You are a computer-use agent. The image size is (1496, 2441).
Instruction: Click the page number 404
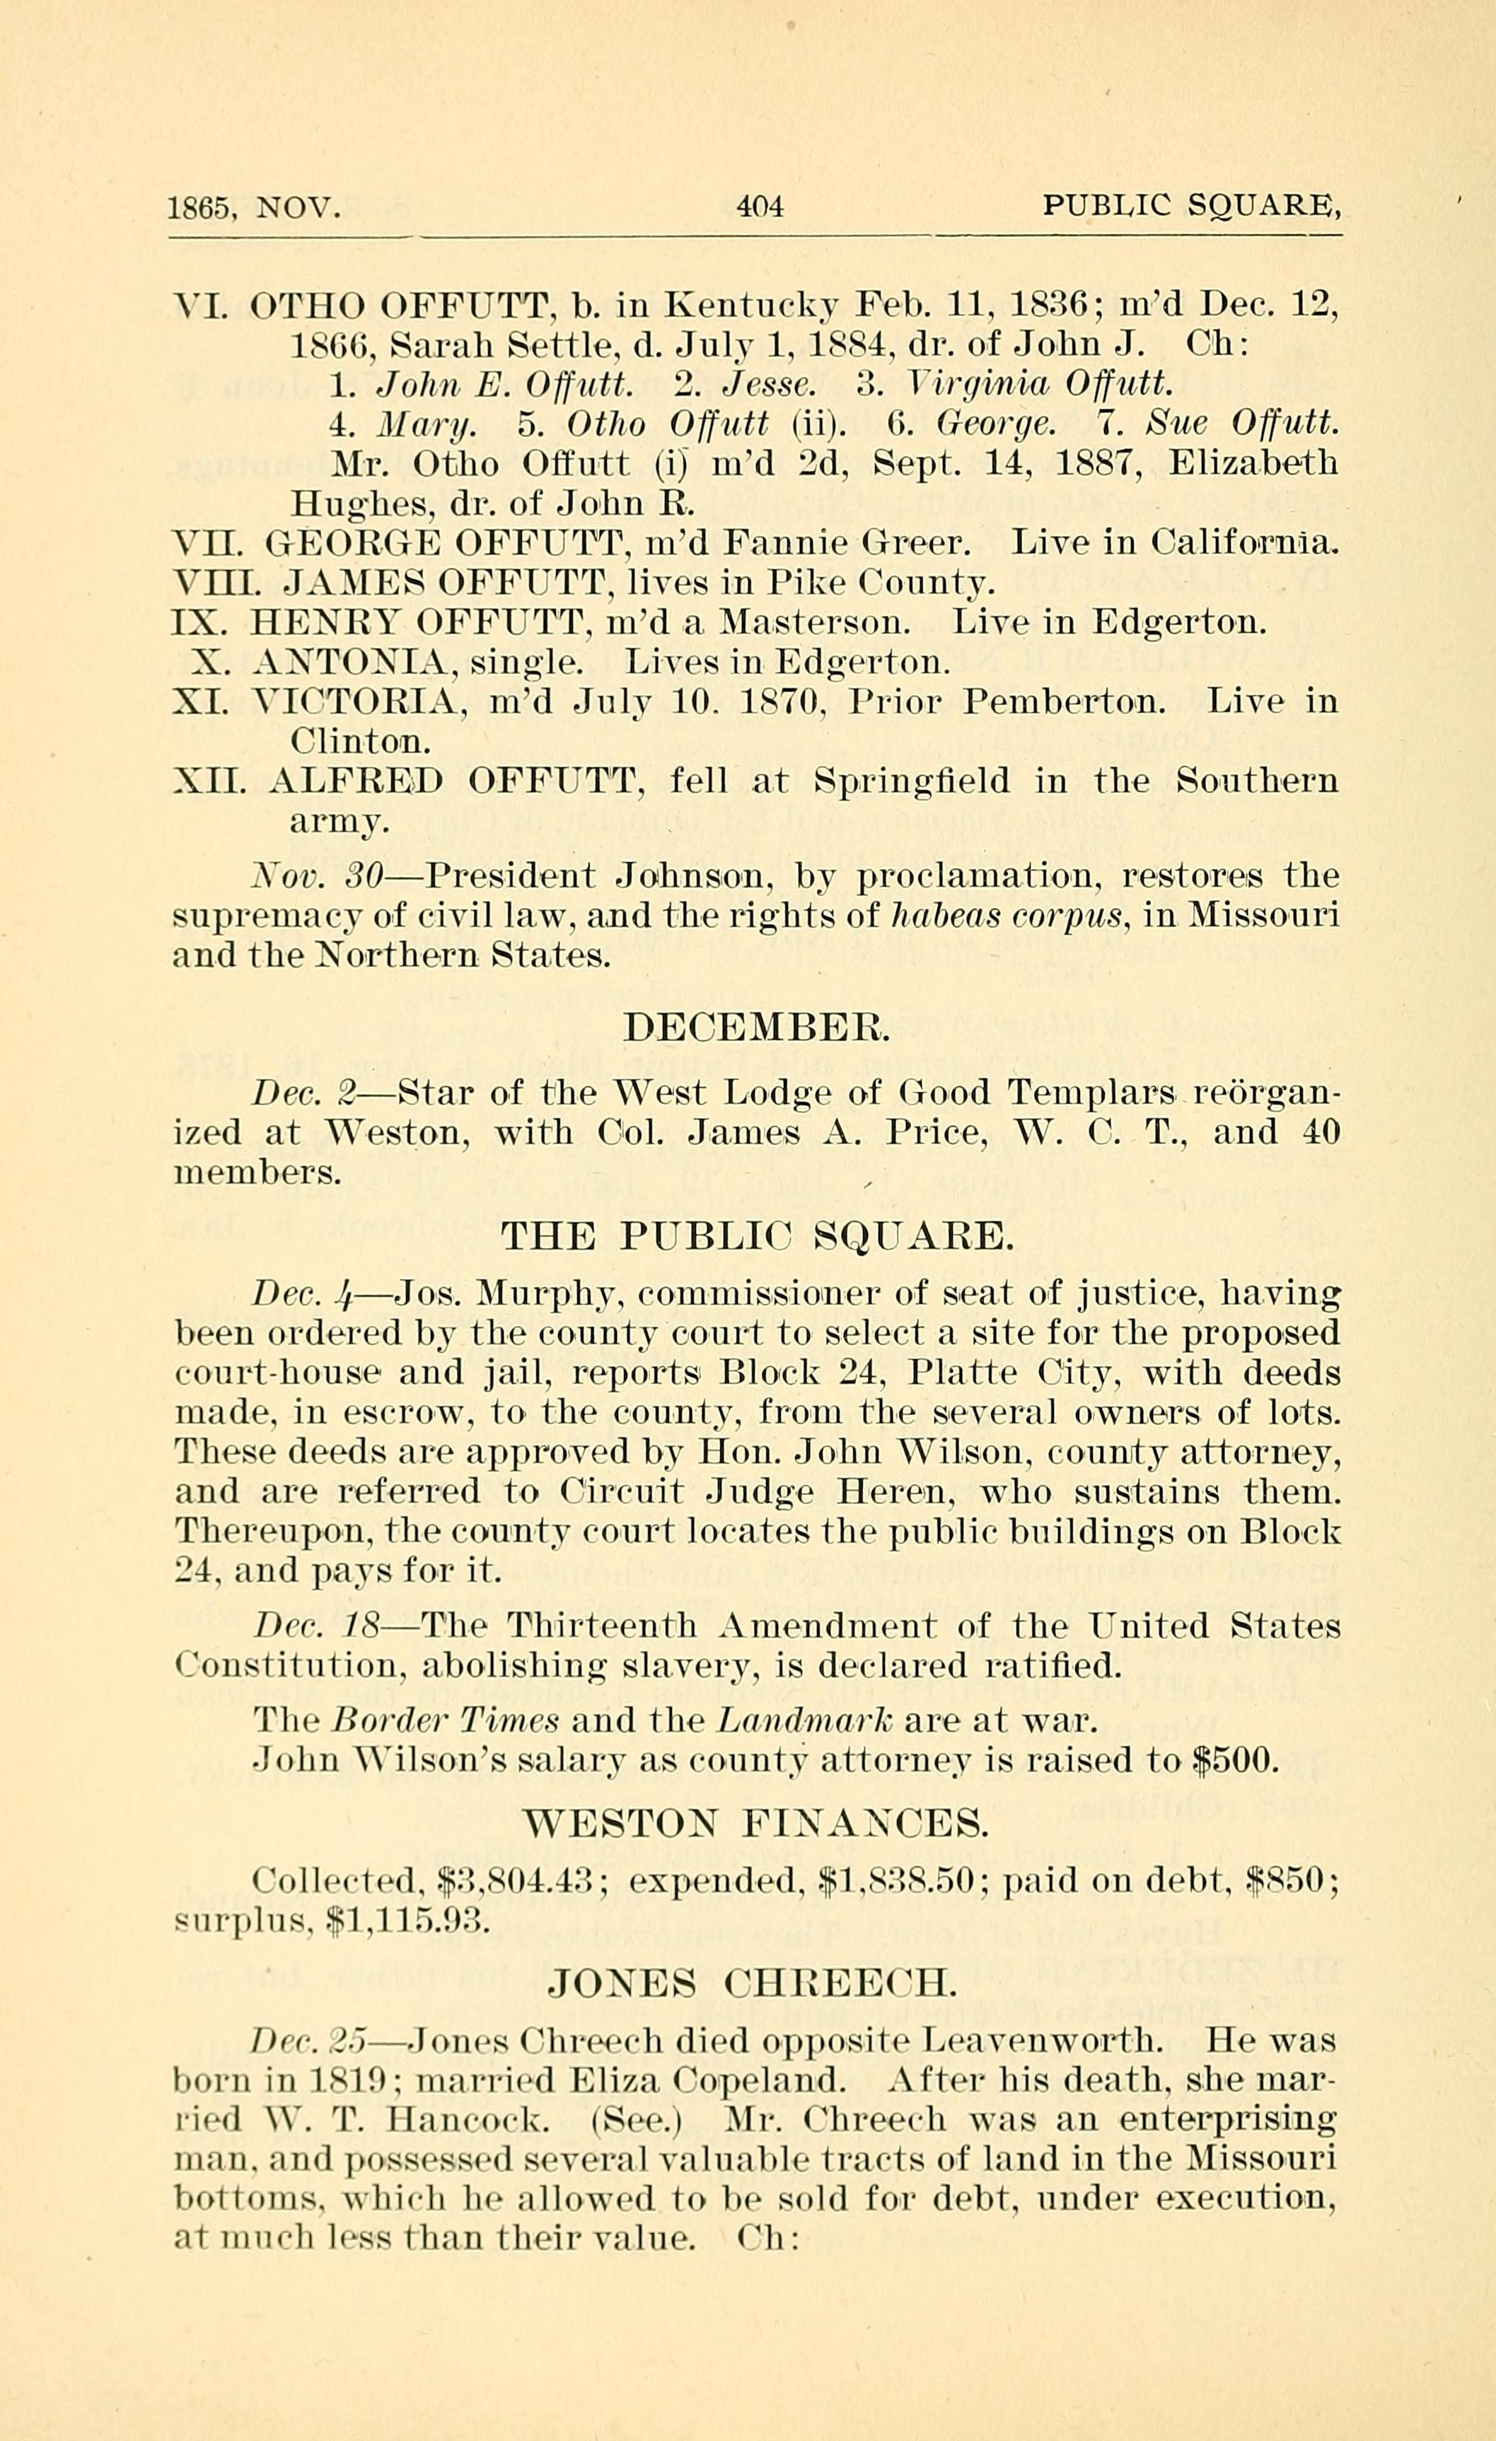(760, 207)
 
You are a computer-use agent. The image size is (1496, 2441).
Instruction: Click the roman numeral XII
(207, 781)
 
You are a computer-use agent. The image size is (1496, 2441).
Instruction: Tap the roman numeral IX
(200, 623)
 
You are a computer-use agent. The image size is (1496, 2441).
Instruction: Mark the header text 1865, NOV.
(255, 208)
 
